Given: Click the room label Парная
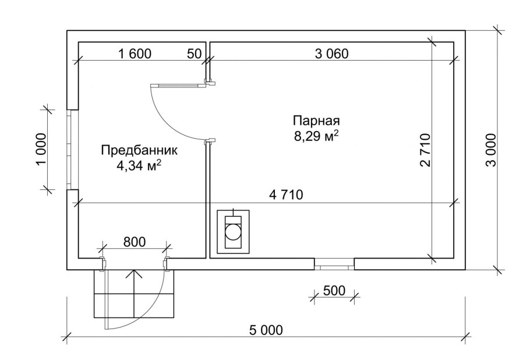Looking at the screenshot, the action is point(316,121).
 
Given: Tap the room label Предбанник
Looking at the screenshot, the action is point(139,150).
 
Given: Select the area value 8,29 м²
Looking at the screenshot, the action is point(316,136).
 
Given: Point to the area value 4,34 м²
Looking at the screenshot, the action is point(139,166).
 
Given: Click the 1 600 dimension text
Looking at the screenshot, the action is point(135,54).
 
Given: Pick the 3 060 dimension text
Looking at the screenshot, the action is point(331,54).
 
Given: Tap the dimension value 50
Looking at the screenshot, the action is point(194,54).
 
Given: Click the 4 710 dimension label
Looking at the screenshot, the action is point(287,195).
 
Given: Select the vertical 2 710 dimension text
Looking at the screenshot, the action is point(426,150).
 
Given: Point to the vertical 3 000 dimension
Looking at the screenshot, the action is point(491,150).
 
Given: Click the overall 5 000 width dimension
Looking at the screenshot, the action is point(266,330).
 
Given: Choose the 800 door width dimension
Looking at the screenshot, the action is point(134,242).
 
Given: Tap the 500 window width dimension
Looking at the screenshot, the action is point(334,290).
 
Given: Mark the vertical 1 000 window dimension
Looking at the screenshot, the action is point(41,150).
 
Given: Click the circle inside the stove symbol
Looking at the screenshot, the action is point(233,232).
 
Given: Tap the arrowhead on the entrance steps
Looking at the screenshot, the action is point(134,274).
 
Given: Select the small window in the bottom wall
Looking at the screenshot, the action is point(334,264).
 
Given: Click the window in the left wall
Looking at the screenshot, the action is point(72,150).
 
